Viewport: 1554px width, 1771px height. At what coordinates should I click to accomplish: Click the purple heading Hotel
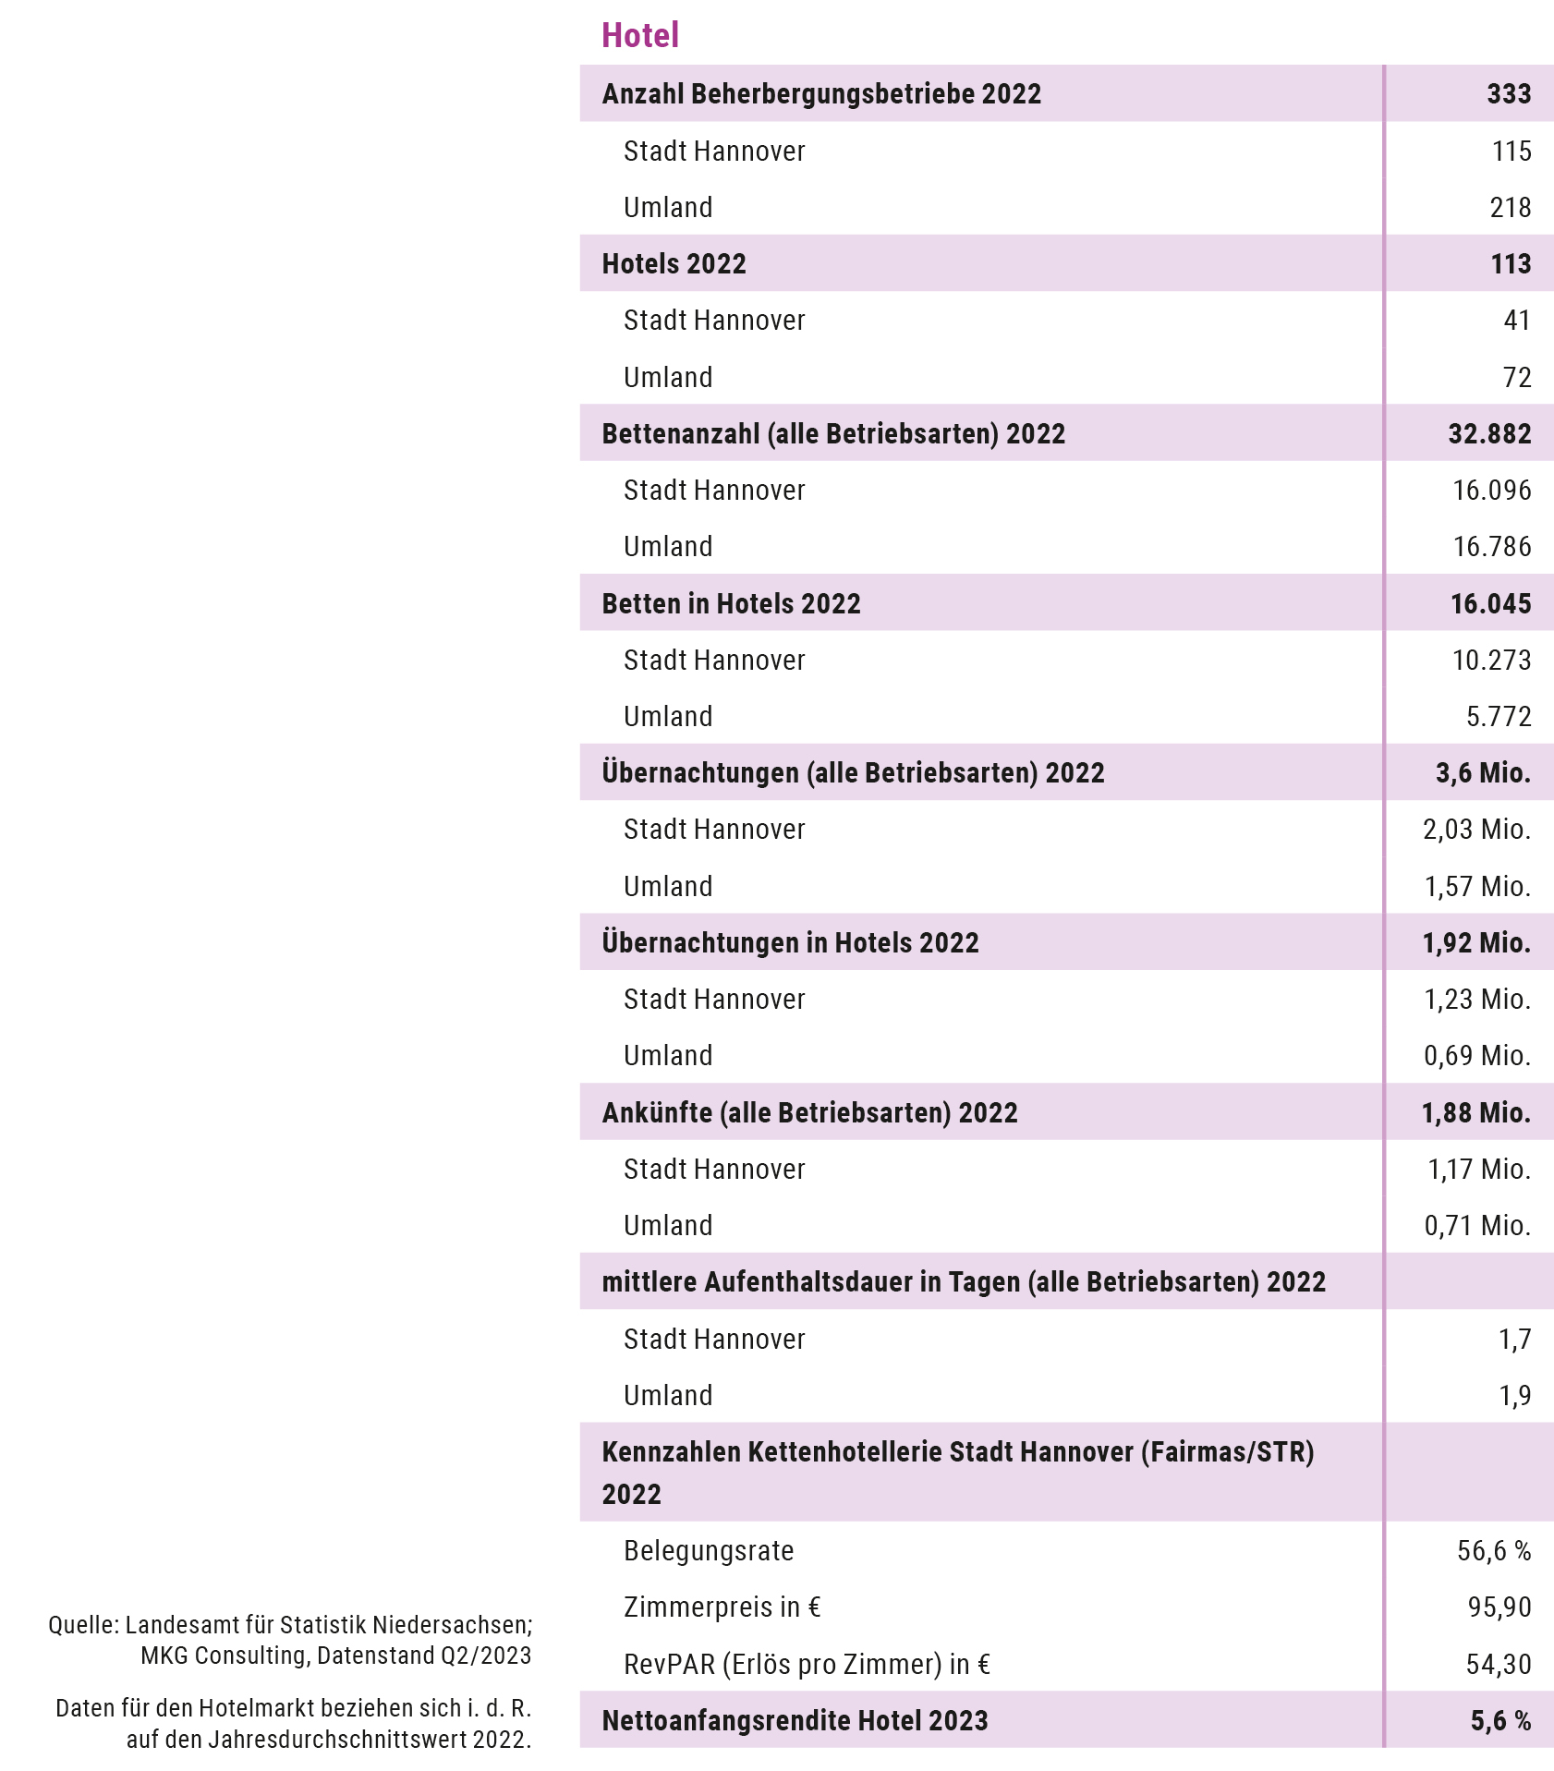(640, 35)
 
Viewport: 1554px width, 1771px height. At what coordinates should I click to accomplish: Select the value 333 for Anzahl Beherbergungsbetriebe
(1509, 93)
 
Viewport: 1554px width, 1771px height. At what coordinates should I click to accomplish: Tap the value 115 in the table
(1512, 151)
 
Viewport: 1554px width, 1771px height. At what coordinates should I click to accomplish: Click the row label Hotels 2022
(674, 263)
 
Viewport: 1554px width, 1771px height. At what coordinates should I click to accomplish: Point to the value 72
(1517, 377)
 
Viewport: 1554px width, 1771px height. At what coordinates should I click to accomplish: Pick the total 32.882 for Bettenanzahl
(1489, 433)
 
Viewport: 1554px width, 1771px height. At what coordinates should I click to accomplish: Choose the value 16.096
(1491, 490)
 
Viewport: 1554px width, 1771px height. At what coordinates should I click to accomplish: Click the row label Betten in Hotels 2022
(731, 603)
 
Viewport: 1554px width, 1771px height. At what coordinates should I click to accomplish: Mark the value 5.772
(1499, 716)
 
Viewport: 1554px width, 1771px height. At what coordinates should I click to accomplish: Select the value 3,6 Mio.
(1483, 772)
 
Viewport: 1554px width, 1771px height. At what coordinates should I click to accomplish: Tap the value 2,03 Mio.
(1476, 829)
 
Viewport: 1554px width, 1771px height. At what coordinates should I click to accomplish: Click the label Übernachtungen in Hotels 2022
(790, 942)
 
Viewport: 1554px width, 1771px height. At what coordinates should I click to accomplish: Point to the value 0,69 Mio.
(1476, 1055)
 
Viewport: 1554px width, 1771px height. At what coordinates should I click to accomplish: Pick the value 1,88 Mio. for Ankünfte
(1475, 1112)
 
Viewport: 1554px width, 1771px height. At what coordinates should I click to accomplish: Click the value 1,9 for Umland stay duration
(1514, 1395)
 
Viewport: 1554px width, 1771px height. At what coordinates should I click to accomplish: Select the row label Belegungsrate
(709, 1550)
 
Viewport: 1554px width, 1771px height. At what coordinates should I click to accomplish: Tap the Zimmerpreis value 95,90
(1499, 1607)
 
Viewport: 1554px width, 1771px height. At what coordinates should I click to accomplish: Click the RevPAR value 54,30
(1499, 1664)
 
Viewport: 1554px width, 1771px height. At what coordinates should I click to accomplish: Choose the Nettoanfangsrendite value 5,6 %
(1500, 1720)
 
